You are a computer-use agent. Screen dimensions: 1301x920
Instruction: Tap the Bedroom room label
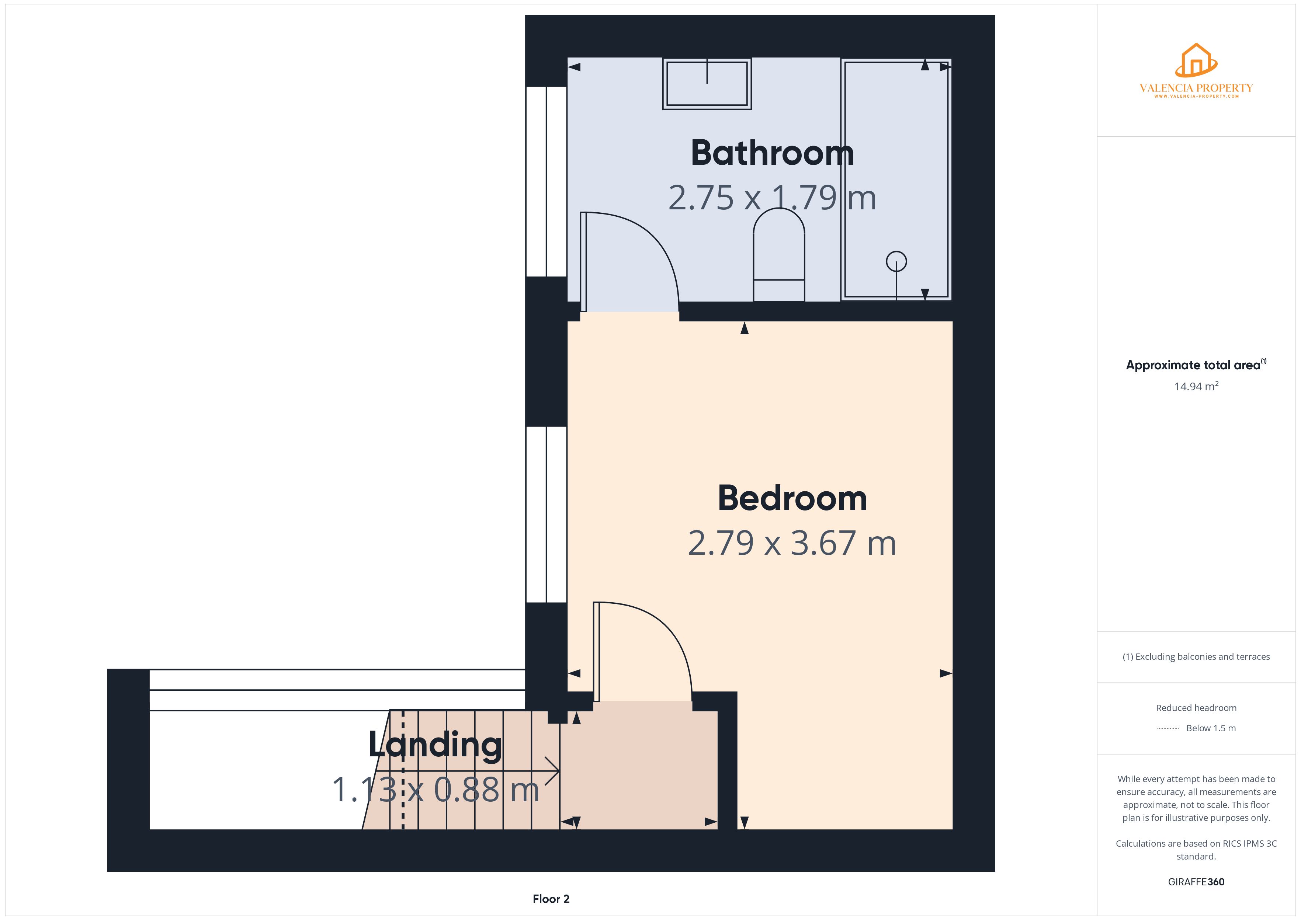click(792, 499)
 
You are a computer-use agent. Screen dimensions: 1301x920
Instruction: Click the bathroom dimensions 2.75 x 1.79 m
click(772, 198)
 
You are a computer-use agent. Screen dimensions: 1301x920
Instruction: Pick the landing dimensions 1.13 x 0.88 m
click(435, 790)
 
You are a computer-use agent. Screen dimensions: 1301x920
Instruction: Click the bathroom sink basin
click(707, 84)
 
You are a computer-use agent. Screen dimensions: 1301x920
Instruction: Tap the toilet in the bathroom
click(779, 255)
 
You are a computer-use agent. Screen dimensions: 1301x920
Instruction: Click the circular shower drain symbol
click(896, 261)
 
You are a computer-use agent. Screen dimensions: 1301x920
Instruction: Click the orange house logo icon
click(1196, 60)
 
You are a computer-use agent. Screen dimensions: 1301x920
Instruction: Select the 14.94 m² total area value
click(1196, 386)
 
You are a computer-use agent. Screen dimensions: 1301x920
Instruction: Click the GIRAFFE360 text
click(1196, 882)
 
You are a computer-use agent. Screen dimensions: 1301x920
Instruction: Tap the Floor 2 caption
click(551, 899)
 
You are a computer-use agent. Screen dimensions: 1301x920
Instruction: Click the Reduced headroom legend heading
click(1196, 708)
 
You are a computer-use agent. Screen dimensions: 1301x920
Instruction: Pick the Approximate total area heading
click(1193, 365)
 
